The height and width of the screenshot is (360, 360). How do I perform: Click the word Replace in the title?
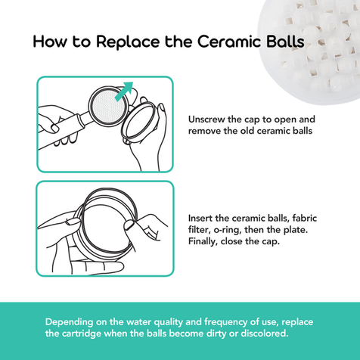click(128, 42)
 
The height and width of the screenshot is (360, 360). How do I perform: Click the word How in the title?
click(51, 42)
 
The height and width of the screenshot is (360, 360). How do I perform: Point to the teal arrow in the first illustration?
click(124, 91)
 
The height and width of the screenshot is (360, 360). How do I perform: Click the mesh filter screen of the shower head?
click(109, 106)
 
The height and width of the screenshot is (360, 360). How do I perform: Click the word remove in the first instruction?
click(204, 131)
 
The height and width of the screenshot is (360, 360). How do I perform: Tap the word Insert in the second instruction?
click(200, 218)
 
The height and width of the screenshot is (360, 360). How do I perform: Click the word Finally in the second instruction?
click(203, 241)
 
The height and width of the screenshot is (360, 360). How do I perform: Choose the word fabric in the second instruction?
click(305, 218)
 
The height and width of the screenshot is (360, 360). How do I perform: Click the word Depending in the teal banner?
click(70, 322)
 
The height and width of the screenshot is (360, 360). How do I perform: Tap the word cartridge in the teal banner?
click(82, 334)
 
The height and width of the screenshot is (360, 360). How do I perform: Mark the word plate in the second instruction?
click(296, 230)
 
